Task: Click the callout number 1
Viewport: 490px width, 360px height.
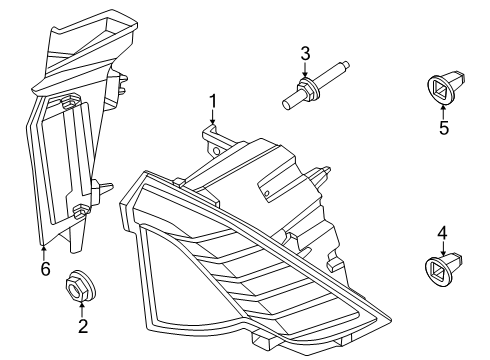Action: click(x=212, y=100)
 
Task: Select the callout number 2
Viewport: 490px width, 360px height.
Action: click(x=82, y=325)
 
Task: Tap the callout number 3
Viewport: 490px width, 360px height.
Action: click(x=306, y=52)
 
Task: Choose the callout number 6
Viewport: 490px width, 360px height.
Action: click(x=43, y=268)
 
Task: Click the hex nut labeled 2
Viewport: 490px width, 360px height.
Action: click(x=78, y=287)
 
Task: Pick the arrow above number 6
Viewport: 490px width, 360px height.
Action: click(x=43, y=250)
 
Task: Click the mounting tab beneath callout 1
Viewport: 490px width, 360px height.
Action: click(x=212, y=135)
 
